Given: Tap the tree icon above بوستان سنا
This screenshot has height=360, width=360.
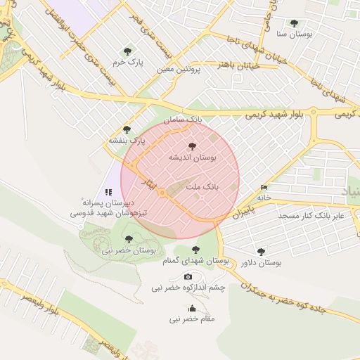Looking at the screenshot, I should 294,23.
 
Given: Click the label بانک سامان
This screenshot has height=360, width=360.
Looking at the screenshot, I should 183,120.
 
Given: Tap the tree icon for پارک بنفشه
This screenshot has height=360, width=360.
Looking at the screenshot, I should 127,129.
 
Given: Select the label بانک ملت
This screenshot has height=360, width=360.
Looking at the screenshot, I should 202,188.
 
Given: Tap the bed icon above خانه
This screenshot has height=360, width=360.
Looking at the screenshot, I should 264,187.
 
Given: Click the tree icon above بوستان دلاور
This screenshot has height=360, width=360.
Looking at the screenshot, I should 262,250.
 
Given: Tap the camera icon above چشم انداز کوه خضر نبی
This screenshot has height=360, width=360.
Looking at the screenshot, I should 188,277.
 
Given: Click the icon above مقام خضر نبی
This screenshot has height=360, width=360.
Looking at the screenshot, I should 192,308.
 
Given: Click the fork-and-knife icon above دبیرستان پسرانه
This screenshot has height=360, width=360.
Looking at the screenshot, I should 108,191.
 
